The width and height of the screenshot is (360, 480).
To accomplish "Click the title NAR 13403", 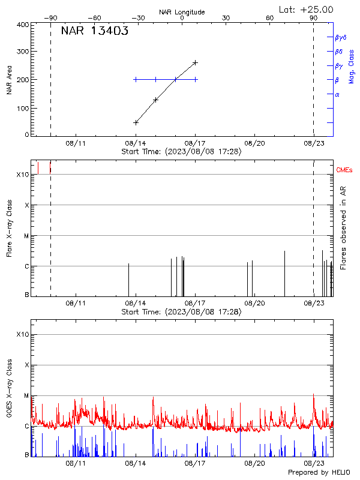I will click(94, 32).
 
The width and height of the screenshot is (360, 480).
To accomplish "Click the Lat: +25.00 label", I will click(307, 9).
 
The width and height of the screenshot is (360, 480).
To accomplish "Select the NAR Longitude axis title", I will click(182, 12).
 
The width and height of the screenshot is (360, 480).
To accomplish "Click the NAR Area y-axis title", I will click(10, 80).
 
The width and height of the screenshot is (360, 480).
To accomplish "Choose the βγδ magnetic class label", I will click(341, 37).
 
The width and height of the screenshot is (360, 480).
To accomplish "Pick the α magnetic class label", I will click(337, 94).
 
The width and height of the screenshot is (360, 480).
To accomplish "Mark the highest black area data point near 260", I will click(195, 62).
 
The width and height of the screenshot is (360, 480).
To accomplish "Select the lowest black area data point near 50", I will click(136, 122).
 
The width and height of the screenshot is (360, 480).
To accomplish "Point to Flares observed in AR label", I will click(343, 227).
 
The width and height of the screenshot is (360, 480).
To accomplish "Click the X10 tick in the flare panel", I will click(23, 175).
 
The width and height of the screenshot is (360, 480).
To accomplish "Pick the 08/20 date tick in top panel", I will click(254, 143).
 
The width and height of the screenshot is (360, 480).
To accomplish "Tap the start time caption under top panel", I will click(181, 152).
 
